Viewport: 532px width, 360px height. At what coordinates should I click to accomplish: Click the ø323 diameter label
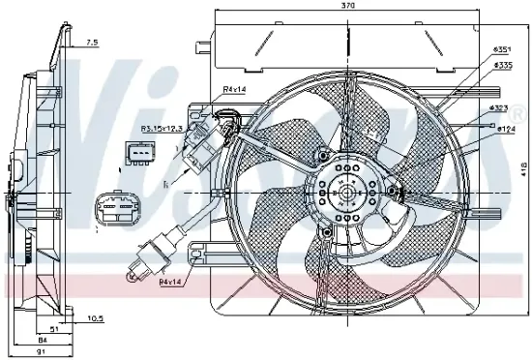[500, 107]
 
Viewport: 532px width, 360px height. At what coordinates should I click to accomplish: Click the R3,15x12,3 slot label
[161, 128]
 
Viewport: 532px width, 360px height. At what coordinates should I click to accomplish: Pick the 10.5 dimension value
[95, 317]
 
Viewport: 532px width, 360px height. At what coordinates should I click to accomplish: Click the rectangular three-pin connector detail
[139, 154]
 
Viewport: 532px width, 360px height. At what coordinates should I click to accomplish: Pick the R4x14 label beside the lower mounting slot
[171, 282]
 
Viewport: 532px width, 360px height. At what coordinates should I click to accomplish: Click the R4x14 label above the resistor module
[234, 90]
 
